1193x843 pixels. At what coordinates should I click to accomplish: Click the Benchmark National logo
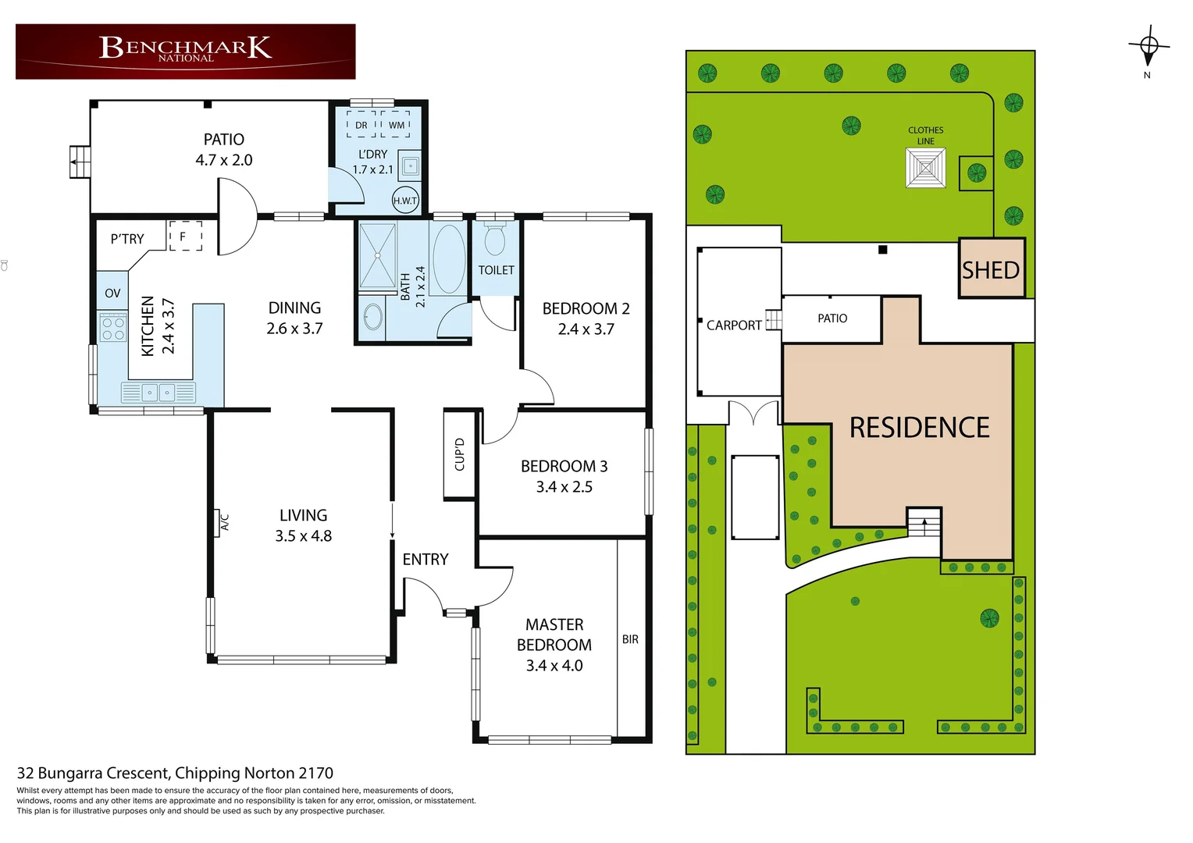(185, 50)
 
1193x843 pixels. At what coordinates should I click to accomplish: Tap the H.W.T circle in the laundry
(405, 201)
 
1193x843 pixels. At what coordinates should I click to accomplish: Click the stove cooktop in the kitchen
(113, 327)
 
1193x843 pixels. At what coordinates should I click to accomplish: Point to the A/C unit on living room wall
(223, 522)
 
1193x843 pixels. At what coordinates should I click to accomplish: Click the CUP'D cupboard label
(460, 454)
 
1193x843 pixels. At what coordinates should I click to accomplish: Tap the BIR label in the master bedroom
(630, 639)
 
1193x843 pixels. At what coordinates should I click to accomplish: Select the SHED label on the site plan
(991, 270)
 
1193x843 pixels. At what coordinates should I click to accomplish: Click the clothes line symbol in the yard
(925, 168)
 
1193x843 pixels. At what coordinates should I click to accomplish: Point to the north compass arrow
(1148, 48)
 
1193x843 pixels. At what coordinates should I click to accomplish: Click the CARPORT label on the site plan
(734, 325)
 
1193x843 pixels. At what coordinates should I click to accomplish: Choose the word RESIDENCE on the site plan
(919, 428)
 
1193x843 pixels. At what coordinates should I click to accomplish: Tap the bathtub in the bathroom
(448, 259)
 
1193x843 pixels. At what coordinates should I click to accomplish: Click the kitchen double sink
(158, 393)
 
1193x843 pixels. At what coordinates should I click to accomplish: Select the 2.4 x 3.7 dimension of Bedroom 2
(586, 329)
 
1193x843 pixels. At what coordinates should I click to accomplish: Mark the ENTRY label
(426, 560)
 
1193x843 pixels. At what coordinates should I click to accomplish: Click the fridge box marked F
(185, 236)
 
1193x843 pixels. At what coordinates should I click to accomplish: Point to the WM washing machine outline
(396, 125)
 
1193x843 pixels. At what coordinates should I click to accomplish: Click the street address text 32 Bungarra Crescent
(175, 773)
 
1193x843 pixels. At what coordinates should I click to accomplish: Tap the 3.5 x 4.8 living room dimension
(303, 536)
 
